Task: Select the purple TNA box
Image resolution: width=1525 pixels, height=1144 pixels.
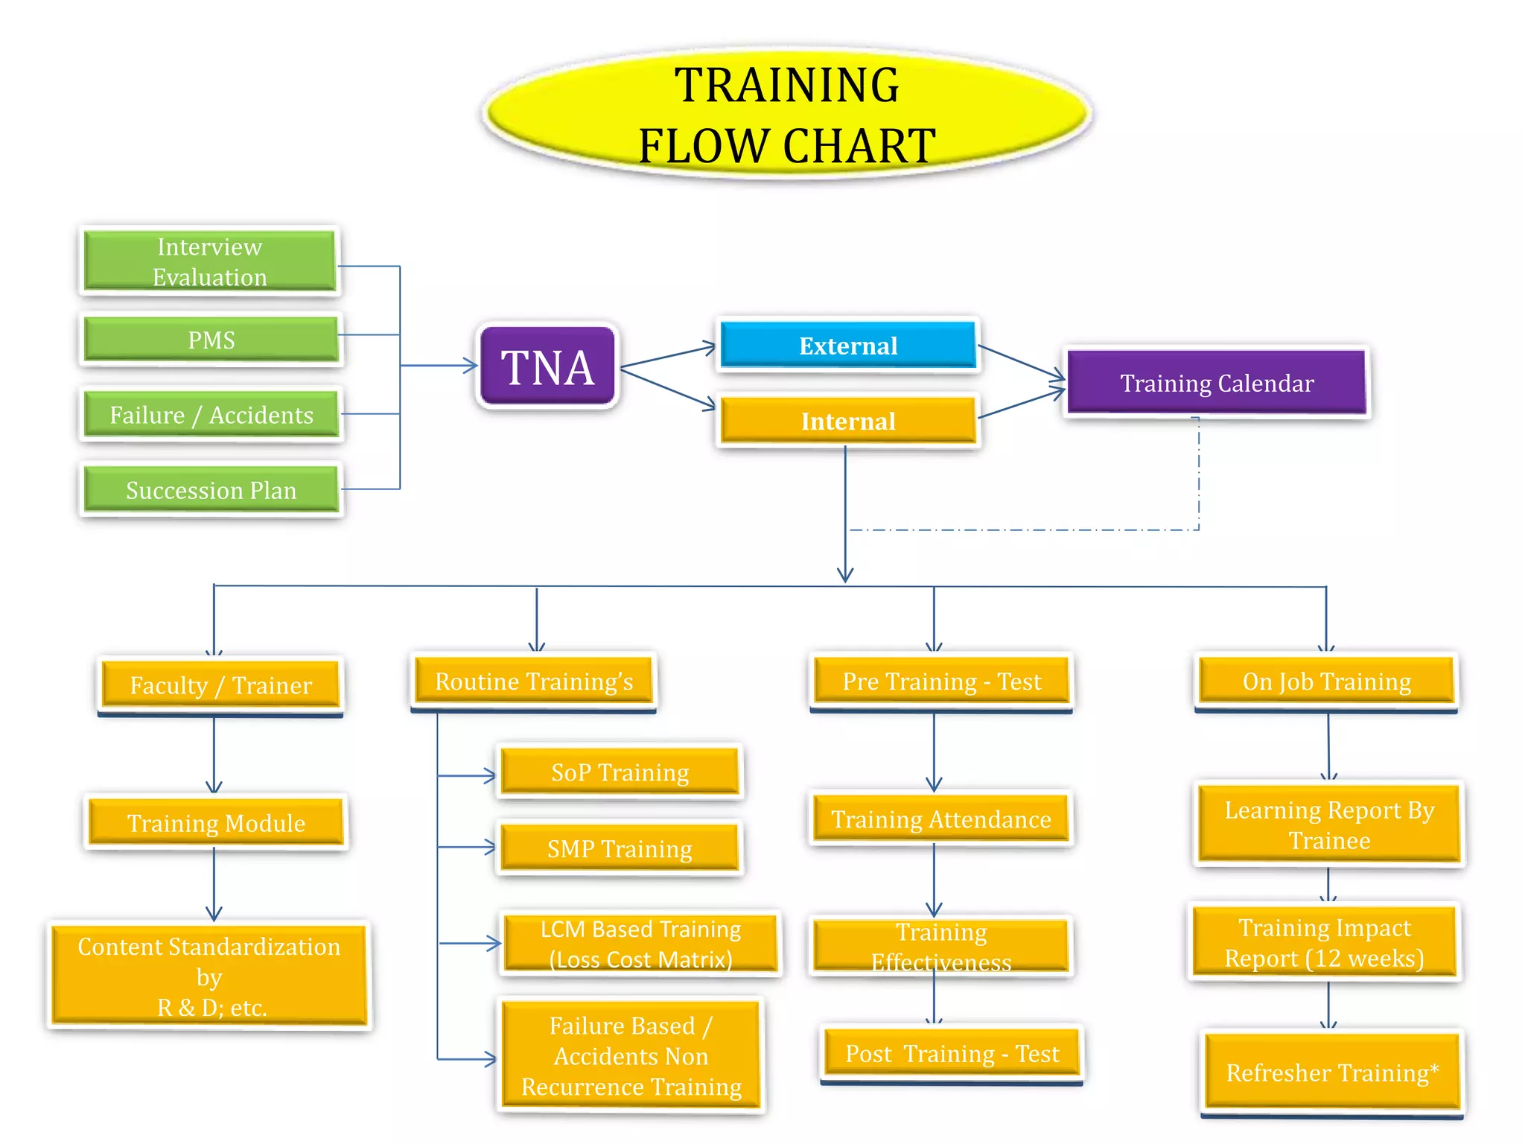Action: pyautogui.click(x=548, y=366)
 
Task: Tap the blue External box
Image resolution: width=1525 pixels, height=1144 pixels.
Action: pyautogui.click(x=848, y=346)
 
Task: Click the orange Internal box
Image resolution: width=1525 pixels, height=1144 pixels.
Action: pyautogui.click(x=848, y=421)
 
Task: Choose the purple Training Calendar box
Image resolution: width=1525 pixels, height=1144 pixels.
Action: pyautogui.click(x=1217, y=383)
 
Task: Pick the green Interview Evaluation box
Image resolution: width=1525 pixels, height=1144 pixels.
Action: pyautogui.click(x=210, y=261)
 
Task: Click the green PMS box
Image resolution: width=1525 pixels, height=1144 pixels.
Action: pyautogui.click(x=211, y=340)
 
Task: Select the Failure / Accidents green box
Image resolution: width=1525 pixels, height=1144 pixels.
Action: pyautogui.click(x=211, y=415)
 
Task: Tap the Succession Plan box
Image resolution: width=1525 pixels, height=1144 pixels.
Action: pyautogui.click(x=211, y=490)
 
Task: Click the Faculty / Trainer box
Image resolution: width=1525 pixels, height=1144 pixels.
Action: pyautogui.click(x=220, y=684)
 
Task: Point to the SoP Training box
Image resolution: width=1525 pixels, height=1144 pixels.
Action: pyautogui.click(x=620, y=772)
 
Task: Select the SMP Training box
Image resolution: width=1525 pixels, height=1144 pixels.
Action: pyautogui.click(x=620, y=848)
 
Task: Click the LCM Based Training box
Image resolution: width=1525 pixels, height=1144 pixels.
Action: pyautogui.click(x=640, y=944)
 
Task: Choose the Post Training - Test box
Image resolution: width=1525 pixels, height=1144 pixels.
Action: pyautogui.click(x=952, y=1053)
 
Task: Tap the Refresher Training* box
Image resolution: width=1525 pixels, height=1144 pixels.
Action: pyautogui.click(x=1331, y=1072)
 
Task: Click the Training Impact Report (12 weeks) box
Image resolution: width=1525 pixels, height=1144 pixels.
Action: pyautogui.click(x=1324, y=942)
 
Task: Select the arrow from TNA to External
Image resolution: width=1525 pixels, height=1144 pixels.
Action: pyautogui.click(x=667, y=356)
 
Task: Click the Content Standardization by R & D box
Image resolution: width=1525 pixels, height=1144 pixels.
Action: pyautogui.click(x=209, y=976)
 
